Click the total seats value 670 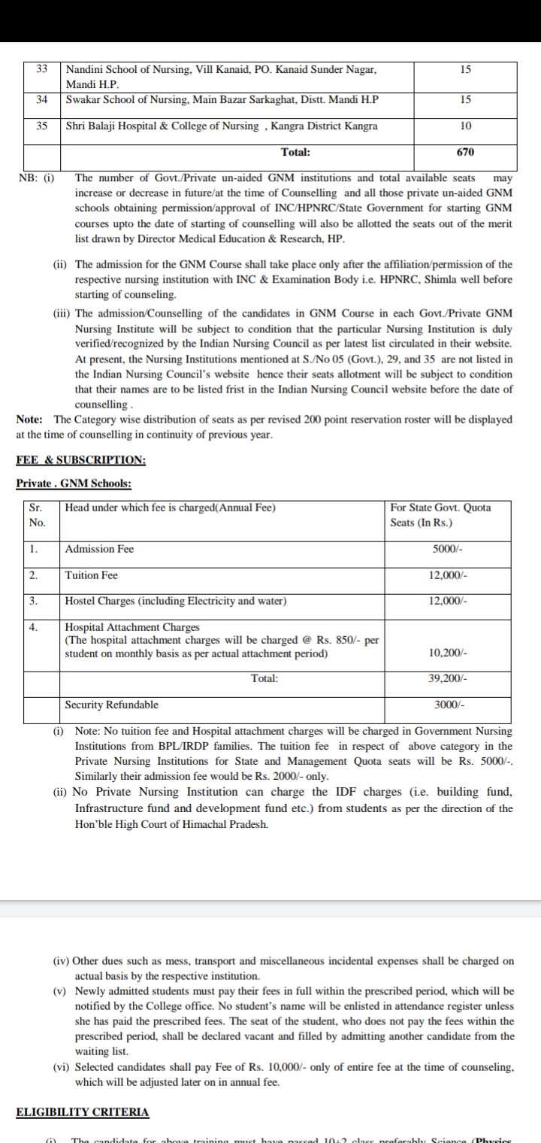pyautogui.click(x=465, y=152)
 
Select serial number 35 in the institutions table pyautogui.click(x=42, y=126)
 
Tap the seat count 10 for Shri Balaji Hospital pyautogui.click(x=465, y=126)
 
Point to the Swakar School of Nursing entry pyautogui.click(x=222, y=99)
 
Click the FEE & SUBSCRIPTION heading pyautogui.click(x=81, y=460)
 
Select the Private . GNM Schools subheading pyautogui.click(x=74, y=484)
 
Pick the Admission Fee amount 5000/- pyautogui.click(x=448, y=549)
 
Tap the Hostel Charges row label pyautogui.click(x=175, y=601)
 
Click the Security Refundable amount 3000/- pyautogui.click(x=449, y=705)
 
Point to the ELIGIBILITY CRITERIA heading pyautogui.click(x=83, y=1111)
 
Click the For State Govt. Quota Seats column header pyautogui.click(x=440, y=515)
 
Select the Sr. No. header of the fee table pyautogui.click(x=36, y=515)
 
